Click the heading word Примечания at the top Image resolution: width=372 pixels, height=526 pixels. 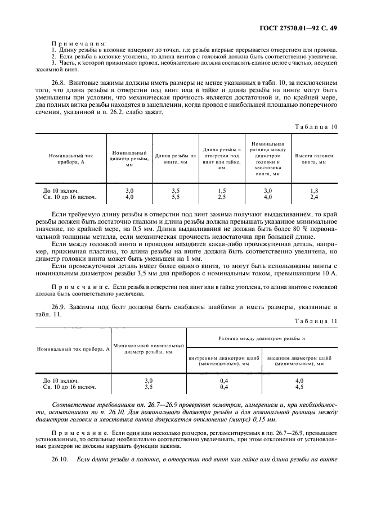[74, 43]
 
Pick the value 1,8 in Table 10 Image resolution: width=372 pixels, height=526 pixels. [313, 191]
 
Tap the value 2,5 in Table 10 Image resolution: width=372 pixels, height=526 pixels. [221, 197]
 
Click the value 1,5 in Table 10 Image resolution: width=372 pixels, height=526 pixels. [221, 191]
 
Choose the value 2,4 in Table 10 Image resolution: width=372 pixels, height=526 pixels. [313, 197]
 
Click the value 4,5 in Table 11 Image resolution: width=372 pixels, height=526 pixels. [299, 387]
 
